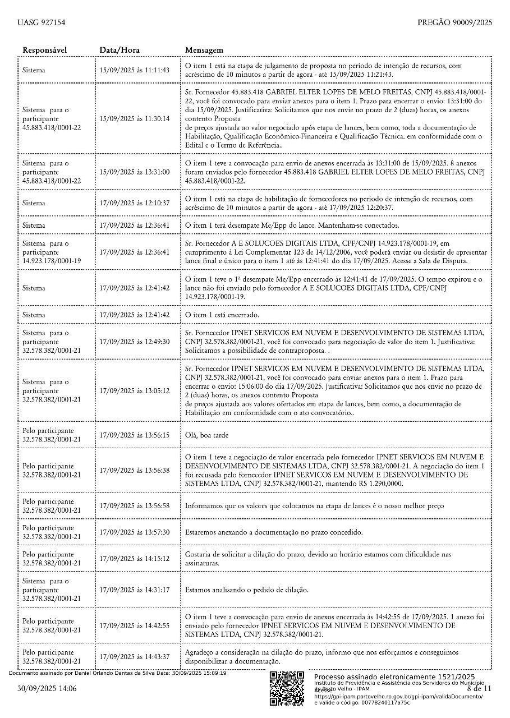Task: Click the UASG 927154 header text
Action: pyautogui.click(x=42, y=23)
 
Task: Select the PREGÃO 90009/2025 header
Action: pyautogui.click(x=454, y=23)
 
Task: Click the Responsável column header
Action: pyautogui.click(x=45, y=50)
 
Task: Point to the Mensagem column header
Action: pyautogui.click(x=204, y=50)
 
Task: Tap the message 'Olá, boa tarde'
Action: pyautogui.click(x=206, y=435)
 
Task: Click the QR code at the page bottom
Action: pyautogui.click(x=287, y=688)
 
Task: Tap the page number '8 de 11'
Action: pyautogui.click(x=479, y=688)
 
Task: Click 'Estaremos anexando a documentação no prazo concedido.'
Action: pyautogui.click(x=274, y=532)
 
